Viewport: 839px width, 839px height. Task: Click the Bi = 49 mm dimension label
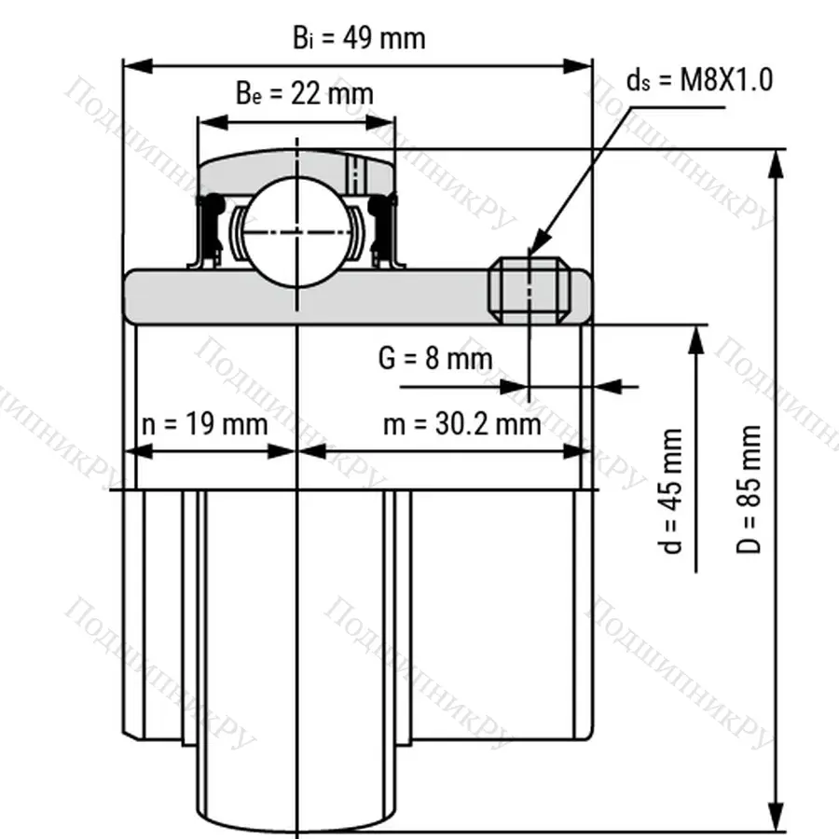click(359, 38)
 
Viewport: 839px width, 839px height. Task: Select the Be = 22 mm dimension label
click(305, 93)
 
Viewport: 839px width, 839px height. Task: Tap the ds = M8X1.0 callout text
click(700, 80)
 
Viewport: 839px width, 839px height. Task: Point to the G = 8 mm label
click(435, 358)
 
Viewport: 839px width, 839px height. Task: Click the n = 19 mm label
click(205, 424)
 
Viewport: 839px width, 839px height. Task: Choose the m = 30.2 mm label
click(462, 424)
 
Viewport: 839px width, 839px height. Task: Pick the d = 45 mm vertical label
click(670, 490)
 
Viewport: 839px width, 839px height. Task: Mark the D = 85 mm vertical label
click(748, 489)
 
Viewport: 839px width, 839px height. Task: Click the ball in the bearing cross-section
click(297, 232)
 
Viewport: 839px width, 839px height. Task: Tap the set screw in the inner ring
click(530, 290)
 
